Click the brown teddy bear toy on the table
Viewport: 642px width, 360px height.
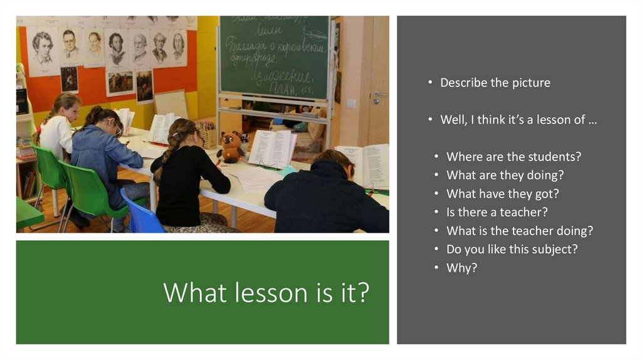(231, 147)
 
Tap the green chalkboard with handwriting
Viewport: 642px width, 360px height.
(275, 56)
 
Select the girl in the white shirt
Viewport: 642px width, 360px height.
(58, 129)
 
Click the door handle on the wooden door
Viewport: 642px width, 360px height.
(376, 95)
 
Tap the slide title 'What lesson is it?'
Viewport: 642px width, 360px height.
(266, 292)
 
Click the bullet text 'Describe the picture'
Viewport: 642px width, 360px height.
(495, 83)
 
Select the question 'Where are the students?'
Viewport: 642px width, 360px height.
(513, 157)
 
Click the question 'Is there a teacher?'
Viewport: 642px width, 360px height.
(497, 212)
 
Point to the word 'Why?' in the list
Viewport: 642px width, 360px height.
(461, 267)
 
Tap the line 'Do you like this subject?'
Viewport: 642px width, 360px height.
(512, 249)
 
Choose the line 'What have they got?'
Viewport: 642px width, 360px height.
(502, 194)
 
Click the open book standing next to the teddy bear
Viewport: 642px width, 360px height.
(272, 149)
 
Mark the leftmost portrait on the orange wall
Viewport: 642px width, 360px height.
(43, 49)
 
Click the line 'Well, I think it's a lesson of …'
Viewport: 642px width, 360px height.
(518, 120)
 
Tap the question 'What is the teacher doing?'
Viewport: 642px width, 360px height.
(519, 231)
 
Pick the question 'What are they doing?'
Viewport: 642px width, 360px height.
(505, 175)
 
